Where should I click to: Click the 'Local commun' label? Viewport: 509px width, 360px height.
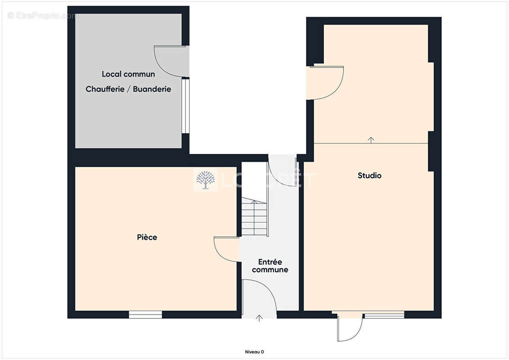pos(128,74)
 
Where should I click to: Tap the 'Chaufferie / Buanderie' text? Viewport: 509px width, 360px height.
pos(128,89)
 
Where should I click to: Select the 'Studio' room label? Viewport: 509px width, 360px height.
pos(369,175)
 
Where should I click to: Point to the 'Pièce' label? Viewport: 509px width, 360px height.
pos(147,237)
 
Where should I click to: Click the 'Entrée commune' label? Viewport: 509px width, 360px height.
pos(270,265)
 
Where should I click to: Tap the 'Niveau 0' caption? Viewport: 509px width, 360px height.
pos(254,352)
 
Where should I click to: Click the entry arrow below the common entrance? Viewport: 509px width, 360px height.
pos(259,319)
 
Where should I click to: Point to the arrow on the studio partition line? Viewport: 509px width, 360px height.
pos(371,140)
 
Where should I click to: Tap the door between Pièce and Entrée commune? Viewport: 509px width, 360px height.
pos(226,249)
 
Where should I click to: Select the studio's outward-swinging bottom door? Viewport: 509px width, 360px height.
pos(349,328)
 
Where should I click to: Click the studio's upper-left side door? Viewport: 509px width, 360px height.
pos(328,82)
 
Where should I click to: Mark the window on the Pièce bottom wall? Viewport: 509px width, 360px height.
pos(145,315)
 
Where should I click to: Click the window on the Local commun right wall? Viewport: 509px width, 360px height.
pos(185,106)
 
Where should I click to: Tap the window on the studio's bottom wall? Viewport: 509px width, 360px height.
pos(384,315)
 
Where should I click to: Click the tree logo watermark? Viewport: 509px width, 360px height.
pos(206,180)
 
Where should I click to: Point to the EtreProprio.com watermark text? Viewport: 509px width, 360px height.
pos(43,16)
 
